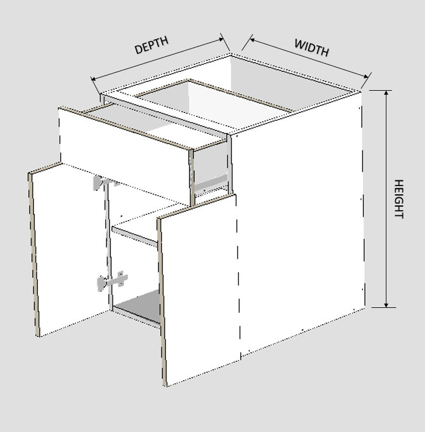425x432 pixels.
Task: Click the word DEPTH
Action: [151, 44]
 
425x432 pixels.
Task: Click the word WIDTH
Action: [312, 47]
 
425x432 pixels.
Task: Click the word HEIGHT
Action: [399, 199]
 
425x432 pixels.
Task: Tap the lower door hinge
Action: [112, 281]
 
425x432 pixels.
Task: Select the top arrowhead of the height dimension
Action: [386, 93]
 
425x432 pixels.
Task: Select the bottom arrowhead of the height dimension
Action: [386, 304]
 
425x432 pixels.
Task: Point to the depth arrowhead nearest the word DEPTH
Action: [221, 40]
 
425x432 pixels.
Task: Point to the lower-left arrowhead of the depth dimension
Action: [94, 80]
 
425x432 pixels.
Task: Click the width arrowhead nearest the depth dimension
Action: [253, 40]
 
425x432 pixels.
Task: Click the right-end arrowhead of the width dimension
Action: [365, 77]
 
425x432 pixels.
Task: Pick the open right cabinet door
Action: [198, 289]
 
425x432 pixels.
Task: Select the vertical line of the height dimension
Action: [386, 198]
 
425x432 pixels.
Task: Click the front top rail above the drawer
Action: [165, 115]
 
